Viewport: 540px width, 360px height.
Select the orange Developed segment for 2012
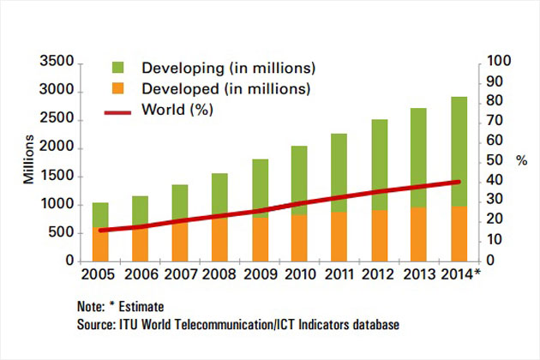379,235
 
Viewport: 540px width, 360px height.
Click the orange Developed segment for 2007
180,241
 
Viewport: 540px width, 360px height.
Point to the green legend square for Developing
121,68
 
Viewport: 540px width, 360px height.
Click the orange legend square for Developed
121,88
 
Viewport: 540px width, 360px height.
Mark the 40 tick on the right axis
495,181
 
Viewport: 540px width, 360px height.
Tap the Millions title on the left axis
29,161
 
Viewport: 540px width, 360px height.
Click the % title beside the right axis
521,160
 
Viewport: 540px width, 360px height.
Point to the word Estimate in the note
141,306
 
